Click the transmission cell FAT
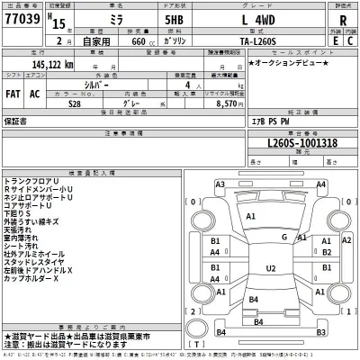14,93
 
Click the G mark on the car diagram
283,237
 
